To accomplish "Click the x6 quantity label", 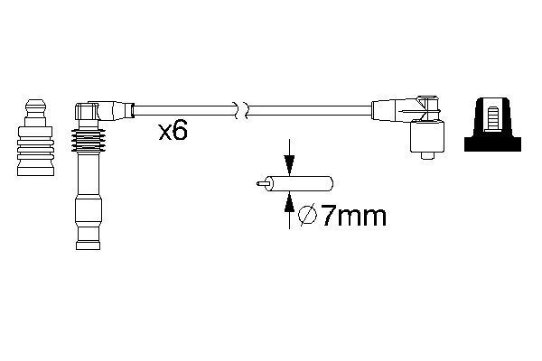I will click(173, 132).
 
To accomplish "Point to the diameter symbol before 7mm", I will click(305, 216).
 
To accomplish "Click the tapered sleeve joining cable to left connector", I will click(121, 112).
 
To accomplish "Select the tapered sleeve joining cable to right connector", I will click(384, 112).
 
